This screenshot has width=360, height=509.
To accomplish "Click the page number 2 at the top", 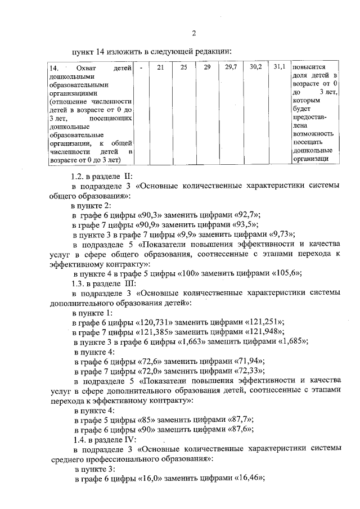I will coord(193,31).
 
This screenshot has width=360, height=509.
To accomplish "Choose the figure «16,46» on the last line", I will coord(250,478).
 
